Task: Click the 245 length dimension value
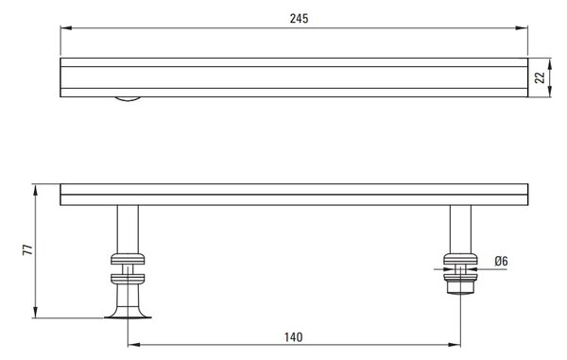click(299, 19)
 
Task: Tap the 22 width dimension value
click(540, 77)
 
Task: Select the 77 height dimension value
click(27, 249)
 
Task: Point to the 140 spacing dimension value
click(293, 337)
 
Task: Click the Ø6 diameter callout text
click(501, 261)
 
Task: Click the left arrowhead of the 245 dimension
click(66, 27)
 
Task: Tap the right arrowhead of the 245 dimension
click(522, 27)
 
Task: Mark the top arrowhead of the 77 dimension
click(36, 190)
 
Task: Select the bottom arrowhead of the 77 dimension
click(36, 313)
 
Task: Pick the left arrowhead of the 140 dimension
click(134, 345)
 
